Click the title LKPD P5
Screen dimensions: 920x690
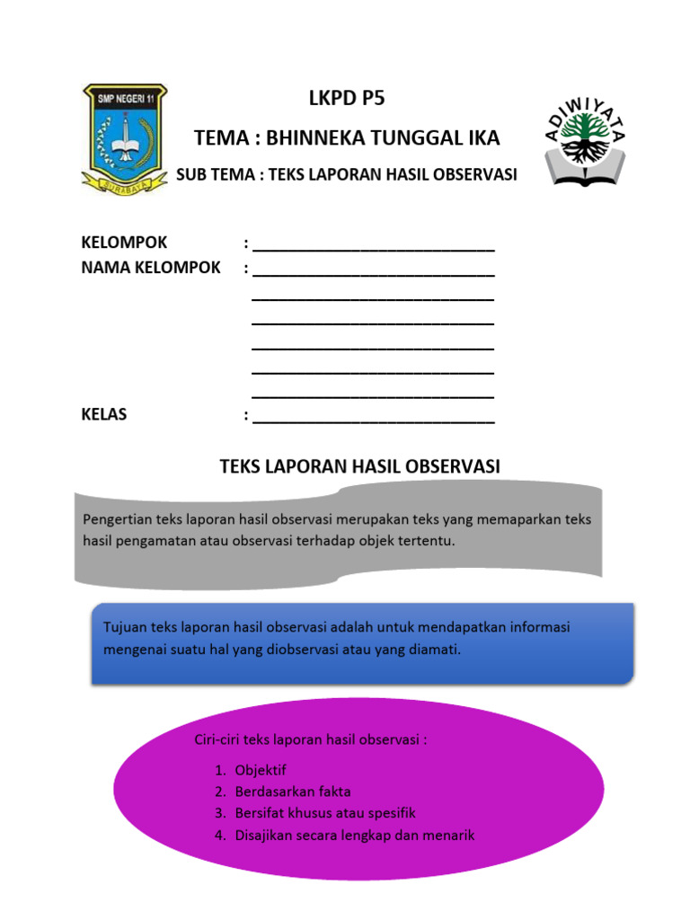tap(346, 99)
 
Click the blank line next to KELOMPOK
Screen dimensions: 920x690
tap(373, 245)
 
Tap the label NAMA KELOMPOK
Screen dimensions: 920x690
tap(150, 268)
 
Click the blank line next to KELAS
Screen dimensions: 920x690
tap(373, 417)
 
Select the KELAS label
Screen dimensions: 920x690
tap(104, 415)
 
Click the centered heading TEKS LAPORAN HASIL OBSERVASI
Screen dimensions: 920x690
tap(359, 465)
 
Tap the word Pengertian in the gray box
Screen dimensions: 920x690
tap(118, 519)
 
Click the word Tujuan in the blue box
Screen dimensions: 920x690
tap(124, 627)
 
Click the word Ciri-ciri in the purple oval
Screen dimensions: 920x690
tap(217, 740)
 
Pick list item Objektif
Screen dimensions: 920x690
tap(261, 770)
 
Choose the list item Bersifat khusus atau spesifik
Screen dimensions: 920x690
tap(325, 813)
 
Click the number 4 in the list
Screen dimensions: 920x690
tap(218, 835)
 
